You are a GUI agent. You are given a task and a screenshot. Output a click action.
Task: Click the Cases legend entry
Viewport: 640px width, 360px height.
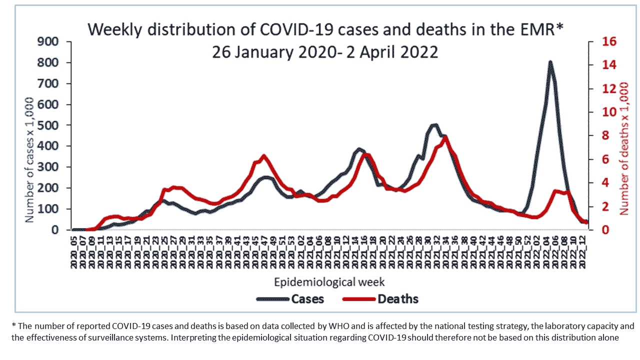click(x=307, y=299)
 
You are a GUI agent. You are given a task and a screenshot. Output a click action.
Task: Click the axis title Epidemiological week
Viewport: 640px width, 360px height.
click(x=329, y=281)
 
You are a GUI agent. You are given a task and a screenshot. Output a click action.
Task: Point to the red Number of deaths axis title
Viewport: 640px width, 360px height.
click(x=624, y=148)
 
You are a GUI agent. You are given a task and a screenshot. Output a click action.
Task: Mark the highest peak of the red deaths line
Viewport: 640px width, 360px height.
click(x=444, y=136)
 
